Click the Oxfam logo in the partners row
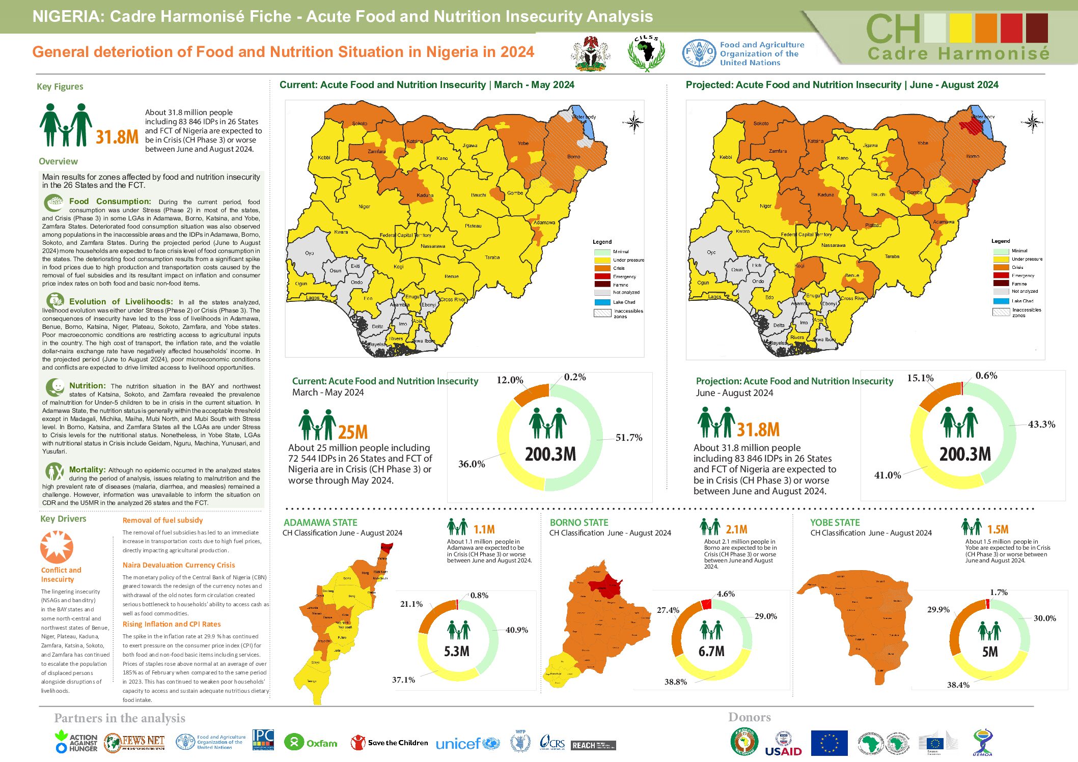tap(311, 743)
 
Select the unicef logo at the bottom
tap(467, 744)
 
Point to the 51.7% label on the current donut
tap(628, 438)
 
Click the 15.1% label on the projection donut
tap(920, 378)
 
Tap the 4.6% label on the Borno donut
tap(726, 594)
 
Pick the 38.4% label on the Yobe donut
tap(958, 685)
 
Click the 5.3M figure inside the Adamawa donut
tap(457, 652)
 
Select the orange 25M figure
tap(353, 433)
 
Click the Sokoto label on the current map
tap(360, 124)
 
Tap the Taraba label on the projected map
tap(892, 257)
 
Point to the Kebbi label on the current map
tap(324, 158)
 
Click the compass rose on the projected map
tap(1033, 122)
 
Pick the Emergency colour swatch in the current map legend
tap(602, 276)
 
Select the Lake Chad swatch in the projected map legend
tap(1001, 301)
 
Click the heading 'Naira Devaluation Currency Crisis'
tap(179, 565)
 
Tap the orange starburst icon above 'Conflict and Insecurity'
tap(57, 547)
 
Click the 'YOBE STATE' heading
tap(835, 523)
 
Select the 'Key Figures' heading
tap(60, 87)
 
